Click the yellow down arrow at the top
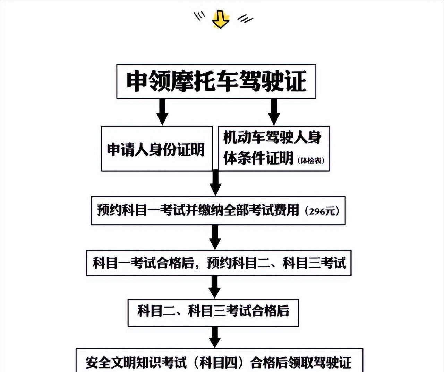point(220,19)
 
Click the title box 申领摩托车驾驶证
point(216,81)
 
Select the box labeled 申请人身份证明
point(156,149)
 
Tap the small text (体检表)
point(311,160)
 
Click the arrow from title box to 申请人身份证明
point(162,112)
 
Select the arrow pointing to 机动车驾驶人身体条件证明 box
point(274,112)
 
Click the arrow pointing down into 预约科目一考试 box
point(215,183)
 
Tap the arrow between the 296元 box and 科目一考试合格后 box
point(215,237)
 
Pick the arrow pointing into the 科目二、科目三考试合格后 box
point(214,286)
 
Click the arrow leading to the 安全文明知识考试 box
point(215,337)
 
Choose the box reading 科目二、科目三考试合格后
point(213,311)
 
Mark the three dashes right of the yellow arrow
point(245,18)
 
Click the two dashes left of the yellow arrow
point(199,16)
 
